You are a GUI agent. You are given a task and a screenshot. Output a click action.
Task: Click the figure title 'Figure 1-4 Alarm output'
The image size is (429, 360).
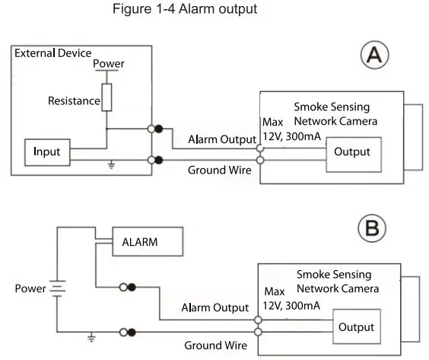(x=179, y=10)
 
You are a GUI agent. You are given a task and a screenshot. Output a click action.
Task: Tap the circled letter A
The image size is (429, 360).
(x=374, y=57)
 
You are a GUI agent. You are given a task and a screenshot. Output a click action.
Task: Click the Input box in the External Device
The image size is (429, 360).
(x=47, y=151)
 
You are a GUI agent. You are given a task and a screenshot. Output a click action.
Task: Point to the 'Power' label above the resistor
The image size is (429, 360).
(x=107, y=64)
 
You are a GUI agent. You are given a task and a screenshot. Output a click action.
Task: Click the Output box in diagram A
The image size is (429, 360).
(x=352, y=151)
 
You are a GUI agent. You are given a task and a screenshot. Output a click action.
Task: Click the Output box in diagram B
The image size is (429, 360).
(x=356, y=327)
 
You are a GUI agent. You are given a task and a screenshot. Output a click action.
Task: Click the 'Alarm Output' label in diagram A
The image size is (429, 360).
(x=221, y=139)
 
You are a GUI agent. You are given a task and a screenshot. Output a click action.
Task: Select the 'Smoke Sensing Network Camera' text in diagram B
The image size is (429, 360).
(x=333, y=282)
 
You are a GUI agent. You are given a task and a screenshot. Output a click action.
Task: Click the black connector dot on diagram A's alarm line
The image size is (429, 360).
(x=159, y=128)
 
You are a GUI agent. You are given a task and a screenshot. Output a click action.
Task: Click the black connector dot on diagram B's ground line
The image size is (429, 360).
(x=132, y=332)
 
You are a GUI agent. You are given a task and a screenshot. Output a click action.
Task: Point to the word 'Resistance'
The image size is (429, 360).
(x=74, y=100)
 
